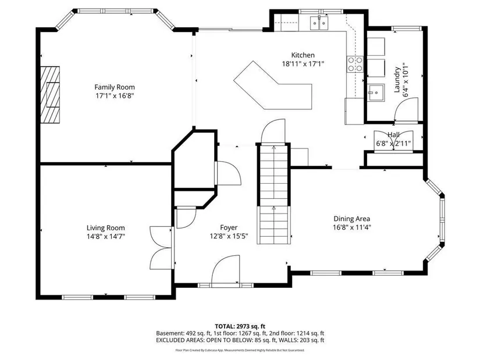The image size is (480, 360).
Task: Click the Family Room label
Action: [x=115, y=87]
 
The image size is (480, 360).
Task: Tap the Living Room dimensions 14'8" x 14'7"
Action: [x=106, y=236]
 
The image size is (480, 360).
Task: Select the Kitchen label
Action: [x=303, y=55]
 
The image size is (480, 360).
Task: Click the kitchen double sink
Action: [x=319, y=23]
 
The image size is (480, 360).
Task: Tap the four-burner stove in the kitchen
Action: [x=355, y=65]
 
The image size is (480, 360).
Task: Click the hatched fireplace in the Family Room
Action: [x=50, y=95]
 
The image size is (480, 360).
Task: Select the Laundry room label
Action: [x=397, y=80]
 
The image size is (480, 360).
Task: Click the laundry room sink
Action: [x=375, y=92]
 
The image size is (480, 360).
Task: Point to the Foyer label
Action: [x=229, y=227]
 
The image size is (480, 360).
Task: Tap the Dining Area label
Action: [x=352, y=219]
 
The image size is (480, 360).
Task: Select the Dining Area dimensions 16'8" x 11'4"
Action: [x=352, y=227]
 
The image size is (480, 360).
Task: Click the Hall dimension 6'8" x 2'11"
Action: [x=393, y=143]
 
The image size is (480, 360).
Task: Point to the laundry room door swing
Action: [x=406, y=109]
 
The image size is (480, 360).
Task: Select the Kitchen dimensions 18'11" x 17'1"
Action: [x=303, y=63]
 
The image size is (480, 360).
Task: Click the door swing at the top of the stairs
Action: [x=273, y=131]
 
